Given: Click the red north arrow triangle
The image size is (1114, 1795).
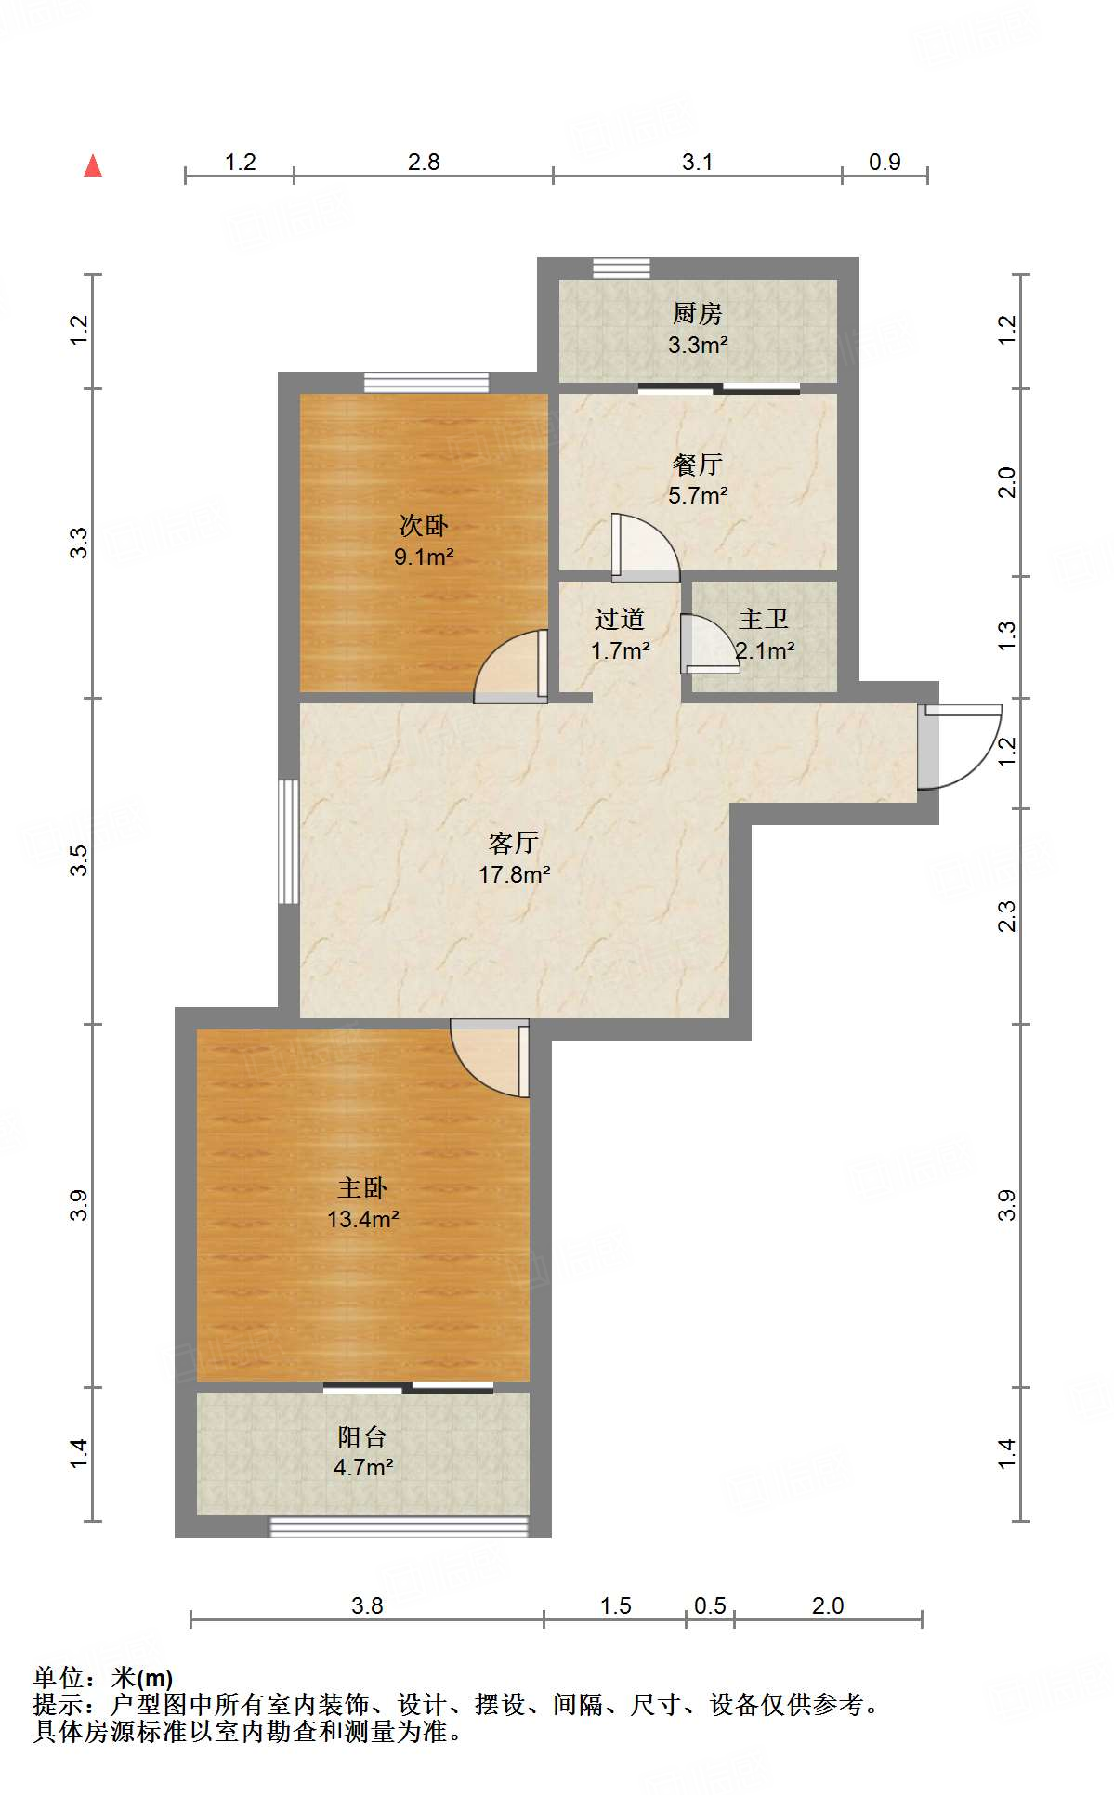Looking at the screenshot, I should [x=93, y=166].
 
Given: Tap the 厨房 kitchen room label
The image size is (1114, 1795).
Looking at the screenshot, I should [x=697, y=314].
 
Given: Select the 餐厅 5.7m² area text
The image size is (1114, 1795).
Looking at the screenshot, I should [x=698, y=495].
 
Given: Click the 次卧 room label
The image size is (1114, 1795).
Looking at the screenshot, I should [x=424, y=526].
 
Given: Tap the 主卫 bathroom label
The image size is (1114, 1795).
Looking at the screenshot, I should [x=764, y=620].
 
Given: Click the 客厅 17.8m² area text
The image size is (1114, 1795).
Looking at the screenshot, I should [x=514, y=874].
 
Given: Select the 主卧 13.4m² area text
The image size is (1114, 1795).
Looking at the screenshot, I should [x=362, y=1219].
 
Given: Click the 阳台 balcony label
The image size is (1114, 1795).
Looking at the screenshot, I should [x=362, y=1437].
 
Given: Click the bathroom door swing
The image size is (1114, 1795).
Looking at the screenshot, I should [x=708, y=643].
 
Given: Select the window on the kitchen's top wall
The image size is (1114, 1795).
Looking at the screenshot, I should [x=622, y=268].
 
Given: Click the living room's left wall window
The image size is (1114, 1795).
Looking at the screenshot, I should [x=289, y=841].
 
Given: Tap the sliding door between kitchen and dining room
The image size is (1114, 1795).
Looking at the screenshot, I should [x=719, y=388].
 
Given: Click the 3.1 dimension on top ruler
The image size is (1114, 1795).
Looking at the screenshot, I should [x=697, y=162].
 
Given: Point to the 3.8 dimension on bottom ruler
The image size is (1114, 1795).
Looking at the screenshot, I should [x=367, y=1605].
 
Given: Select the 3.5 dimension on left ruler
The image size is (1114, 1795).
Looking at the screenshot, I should [x=80, y=858].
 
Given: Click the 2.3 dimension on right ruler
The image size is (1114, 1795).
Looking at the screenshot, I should [x=1006, y=915].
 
